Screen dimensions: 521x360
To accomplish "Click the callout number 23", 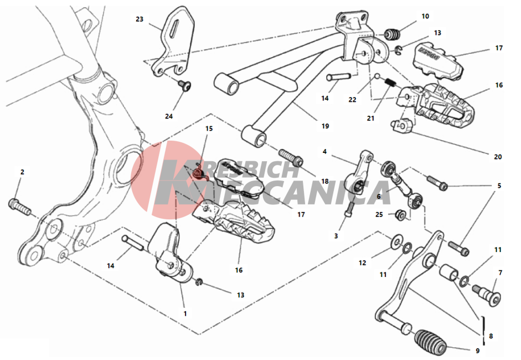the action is pos(140,19).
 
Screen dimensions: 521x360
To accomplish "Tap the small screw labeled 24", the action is pos(185,86).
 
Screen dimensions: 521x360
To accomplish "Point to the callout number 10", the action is pos(425,16).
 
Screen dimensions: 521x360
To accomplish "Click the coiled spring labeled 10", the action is pos(392,34).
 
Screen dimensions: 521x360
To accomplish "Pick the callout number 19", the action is pos(326,126).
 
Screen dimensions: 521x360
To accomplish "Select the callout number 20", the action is pos(498,157).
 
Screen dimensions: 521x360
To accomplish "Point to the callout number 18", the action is pos(325,182).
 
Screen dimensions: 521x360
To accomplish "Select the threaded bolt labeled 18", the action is pos(291,158).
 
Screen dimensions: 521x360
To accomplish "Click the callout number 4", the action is pos(324,152).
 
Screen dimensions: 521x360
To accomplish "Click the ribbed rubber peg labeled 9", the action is pos(430,342).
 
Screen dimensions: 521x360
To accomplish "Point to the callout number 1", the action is pos(185,313).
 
